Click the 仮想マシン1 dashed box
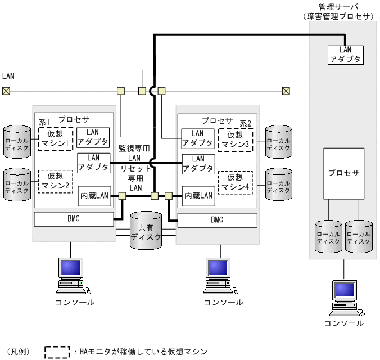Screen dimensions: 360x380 (x=56, y=138)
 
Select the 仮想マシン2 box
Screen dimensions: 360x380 (x=56, y=182)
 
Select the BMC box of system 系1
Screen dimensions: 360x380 (x=74, y=218)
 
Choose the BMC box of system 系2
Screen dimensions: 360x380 (x=217, y=219)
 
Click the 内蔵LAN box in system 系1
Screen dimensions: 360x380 (x=93, y=196)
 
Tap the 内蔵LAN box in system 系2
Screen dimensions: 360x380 (x=198, y=196)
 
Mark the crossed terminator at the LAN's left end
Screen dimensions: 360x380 (x=6, y=91)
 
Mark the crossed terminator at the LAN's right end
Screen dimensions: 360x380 (x=286, y=91)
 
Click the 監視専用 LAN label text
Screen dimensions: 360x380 (x=134, y=152)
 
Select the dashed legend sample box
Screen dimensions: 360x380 (x=57, y=352)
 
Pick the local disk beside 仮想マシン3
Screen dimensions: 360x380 (x=279, y=140)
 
